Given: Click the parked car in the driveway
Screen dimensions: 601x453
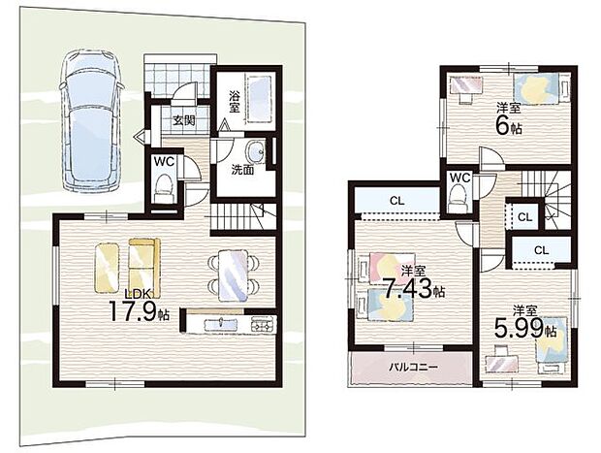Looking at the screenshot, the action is point(92,121).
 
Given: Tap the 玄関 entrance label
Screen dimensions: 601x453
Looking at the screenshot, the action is point(183,121).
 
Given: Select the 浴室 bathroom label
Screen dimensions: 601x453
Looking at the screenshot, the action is point(235,101).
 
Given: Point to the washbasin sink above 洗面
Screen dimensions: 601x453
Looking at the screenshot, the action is point(256,151).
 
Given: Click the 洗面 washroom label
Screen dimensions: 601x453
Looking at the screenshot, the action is point(242,170).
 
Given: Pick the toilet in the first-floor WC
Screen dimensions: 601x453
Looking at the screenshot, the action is point(165,187).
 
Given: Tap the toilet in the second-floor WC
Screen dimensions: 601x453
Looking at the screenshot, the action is point(459,197).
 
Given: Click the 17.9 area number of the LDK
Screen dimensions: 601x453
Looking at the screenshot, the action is point(133,311).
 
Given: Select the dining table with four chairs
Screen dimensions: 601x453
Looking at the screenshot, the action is point(233,275).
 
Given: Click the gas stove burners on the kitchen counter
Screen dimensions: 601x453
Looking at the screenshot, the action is point(264,325).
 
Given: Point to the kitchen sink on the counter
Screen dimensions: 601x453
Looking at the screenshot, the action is point(222,325).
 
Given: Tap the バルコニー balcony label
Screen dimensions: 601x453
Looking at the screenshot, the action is point(414,367).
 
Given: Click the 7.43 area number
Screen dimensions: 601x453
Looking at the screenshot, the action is point(409,288).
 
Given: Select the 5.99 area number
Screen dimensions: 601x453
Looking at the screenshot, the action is point(519,327).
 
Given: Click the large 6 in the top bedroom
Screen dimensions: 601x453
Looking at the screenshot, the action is point(502,126).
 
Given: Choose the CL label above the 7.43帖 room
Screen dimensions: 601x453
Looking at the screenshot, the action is point(397,201).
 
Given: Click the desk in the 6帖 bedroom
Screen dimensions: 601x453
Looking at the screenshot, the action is point(465,88).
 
